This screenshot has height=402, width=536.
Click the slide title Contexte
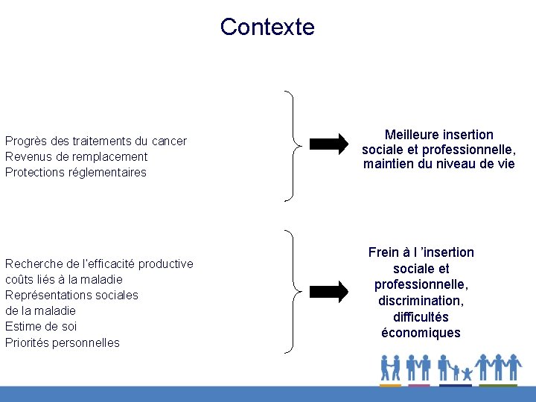(x=267, y=27)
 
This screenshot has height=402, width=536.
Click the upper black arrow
(x=328, y=143)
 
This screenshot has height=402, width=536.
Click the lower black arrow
(x=328, y=291)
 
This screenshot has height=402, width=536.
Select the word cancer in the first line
(x=169, y=141)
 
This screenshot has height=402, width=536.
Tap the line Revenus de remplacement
(x=76, y=156)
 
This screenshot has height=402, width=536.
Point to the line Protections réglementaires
(x=76, y=172)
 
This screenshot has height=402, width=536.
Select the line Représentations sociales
(x=71, y=295)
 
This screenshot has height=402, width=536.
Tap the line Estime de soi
(x=41, y=326)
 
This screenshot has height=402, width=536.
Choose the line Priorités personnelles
(x=63, y=342)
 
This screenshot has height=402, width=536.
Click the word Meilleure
(x=412, y=135)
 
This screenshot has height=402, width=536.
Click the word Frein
(x=384, y=252)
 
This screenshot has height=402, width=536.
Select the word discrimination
(x=421, y=301)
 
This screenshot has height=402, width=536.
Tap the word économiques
(x=421, y=333)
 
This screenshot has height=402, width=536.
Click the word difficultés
(x=421, y=317)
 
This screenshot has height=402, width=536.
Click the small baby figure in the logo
(x=467, y=372)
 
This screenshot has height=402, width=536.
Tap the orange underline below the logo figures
(x=390, y=385)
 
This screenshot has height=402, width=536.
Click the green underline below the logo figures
(x=498, y=385)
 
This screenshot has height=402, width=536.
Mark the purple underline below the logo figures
(x=419, y=385)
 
